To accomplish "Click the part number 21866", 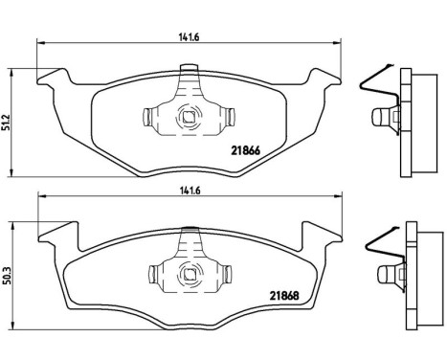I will pyautogui.click(x=247, y=147).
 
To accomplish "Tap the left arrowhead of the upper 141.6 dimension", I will pyautogui.click(x=40, y=42).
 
